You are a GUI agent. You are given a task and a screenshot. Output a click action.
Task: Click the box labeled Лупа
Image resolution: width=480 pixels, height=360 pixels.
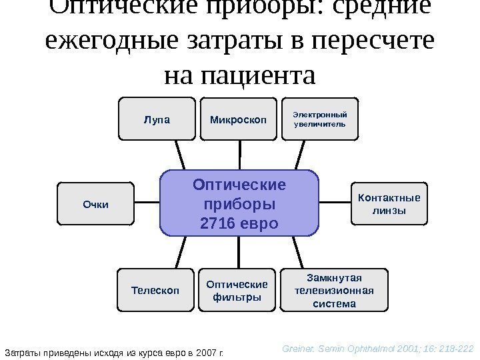tap(157, 120)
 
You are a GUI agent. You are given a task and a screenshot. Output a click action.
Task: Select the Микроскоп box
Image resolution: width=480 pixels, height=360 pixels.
tap(238, 120)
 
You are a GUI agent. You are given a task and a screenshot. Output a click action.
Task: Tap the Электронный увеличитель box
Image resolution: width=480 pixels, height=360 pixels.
tap(321, 119)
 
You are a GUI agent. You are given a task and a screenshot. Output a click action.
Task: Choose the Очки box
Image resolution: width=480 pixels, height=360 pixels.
tap(95, 205)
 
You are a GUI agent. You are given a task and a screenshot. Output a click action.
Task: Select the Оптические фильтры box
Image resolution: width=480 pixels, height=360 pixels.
tap(237, 290)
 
